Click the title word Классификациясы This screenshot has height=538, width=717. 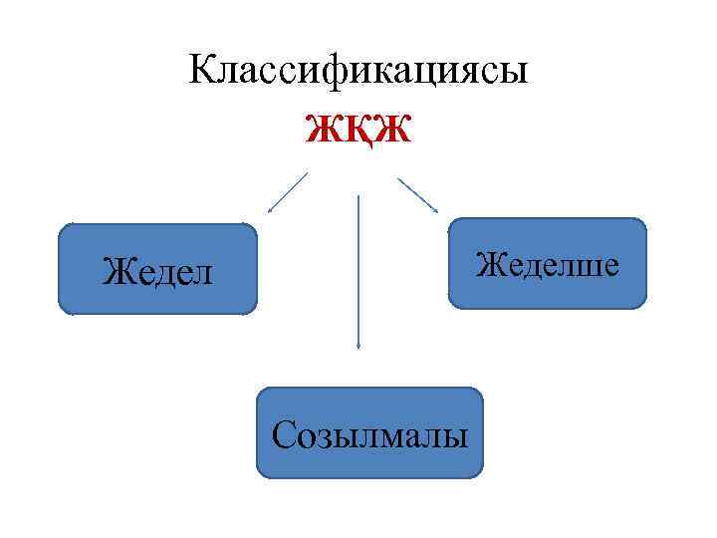click(x=358, y=71)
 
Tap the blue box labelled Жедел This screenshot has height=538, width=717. click(x=158, y=270)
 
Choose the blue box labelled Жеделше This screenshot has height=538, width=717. click(x=548, y=264)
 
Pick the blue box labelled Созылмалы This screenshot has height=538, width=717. click(x=369, y=434)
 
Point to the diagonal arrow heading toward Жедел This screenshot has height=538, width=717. click(x=287, y=193)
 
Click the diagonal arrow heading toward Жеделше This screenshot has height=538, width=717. click(x=418, y=195)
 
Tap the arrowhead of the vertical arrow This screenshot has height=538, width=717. click(x=358, y=345)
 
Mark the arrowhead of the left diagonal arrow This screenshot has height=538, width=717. click(x=269, y=210)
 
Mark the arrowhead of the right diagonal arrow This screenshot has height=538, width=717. click(x=435, y=209)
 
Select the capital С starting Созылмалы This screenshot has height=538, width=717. click(x=283, y=434)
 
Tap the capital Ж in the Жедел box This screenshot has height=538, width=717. click(x=117, y=271)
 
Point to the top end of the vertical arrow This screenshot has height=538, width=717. click(x=358, y=197)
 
